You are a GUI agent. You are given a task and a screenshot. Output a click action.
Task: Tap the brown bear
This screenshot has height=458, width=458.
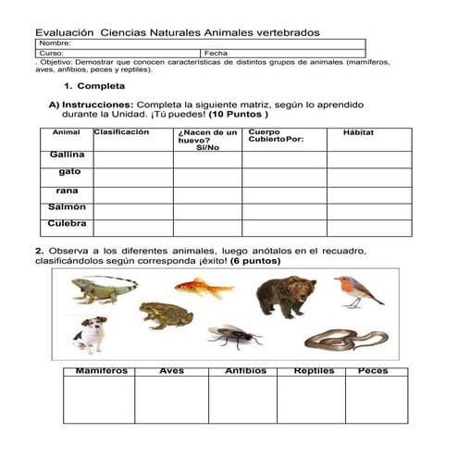coord(285,297)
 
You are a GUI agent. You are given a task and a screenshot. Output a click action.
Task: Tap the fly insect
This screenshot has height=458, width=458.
coord(233,336)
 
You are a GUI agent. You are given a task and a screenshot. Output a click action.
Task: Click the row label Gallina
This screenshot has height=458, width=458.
coord(68,155)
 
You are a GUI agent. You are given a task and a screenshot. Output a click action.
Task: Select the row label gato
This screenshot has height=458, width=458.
coord(69,172)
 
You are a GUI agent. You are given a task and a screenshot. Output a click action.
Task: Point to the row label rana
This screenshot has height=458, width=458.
coord(68,191)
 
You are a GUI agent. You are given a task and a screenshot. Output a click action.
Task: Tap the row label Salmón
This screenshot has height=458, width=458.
coord(68,207)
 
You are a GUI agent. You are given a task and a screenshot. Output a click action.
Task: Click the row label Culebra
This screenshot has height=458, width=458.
coord(68,224)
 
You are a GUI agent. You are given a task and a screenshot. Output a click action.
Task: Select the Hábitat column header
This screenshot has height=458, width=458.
coord(358,133)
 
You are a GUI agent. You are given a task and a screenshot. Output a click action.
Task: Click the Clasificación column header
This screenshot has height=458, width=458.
coord(121,132)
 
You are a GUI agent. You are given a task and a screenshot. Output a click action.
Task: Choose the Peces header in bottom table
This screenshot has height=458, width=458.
coord(373,372)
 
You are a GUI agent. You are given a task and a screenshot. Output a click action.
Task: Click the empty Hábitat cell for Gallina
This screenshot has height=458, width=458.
coord(364,158)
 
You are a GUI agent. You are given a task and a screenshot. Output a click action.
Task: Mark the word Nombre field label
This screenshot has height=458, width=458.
coord(56,43)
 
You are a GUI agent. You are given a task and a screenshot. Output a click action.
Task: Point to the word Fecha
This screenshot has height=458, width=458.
coord(217,54)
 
